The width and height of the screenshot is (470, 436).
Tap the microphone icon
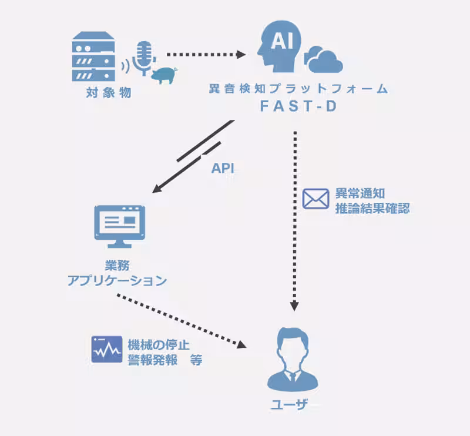(143, 58)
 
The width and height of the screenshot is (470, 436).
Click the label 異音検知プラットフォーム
(298, 89)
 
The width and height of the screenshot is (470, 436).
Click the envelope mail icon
(315, 199)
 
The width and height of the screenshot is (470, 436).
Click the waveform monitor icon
(106, 349)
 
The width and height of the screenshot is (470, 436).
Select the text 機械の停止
(158, 344)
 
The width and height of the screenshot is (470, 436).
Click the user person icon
(295, 359)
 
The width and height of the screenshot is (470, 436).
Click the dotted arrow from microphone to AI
(206, 55)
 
